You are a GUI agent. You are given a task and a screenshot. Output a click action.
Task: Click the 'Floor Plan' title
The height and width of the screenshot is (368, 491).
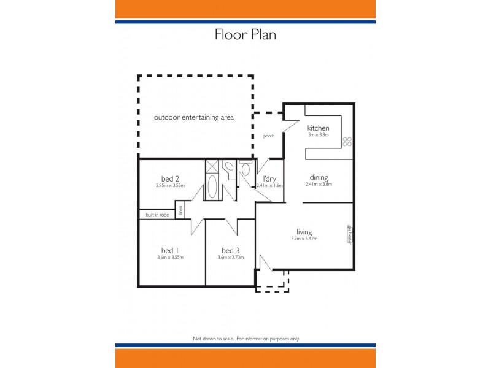click(x=245, y=34)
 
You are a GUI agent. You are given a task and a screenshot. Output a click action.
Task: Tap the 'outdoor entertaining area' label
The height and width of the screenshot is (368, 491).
click(x=193, y=117)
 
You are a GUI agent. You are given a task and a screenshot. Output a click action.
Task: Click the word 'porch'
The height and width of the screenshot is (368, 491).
click(x=268, y=136)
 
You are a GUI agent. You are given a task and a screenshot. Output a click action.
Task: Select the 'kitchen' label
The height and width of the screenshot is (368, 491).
click(x=322, y=128)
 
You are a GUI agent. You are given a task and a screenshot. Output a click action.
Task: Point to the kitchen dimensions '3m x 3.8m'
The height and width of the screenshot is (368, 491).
click(x=319, y=135)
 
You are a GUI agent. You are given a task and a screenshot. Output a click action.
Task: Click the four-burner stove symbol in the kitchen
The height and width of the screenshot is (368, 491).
click(x=347, y=141)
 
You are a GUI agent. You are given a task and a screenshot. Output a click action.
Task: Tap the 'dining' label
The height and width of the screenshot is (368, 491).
click(x=319, y=177)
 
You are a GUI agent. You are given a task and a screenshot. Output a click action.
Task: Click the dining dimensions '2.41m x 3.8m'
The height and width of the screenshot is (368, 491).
click(x=319, y=184)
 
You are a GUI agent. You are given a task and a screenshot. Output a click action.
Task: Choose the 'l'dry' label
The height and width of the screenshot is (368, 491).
click(x=270, y=178)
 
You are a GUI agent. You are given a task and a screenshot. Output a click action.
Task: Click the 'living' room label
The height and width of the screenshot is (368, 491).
click(x=304, y=232)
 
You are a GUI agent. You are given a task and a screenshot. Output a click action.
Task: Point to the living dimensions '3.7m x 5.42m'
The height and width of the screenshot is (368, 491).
click(x=304, y=239)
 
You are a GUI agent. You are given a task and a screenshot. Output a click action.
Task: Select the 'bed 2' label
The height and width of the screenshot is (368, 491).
click(x=170, y=178)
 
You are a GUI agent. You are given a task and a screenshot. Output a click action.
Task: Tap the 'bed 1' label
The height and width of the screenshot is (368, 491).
click(x=170, y=250)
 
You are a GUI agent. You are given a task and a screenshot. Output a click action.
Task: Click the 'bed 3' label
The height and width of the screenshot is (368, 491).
click(x=230, y=250)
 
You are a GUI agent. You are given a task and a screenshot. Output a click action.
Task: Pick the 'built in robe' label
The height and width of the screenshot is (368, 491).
click(x=157, y=215)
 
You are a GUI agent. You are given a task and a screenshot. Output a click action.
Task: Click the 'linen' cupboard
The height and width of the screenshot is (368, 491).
click(x=180, y=210)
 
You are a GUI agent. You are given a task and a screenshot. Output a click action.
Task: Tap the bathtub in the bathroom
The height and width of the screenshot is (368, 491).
click(x=212, y=186)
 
